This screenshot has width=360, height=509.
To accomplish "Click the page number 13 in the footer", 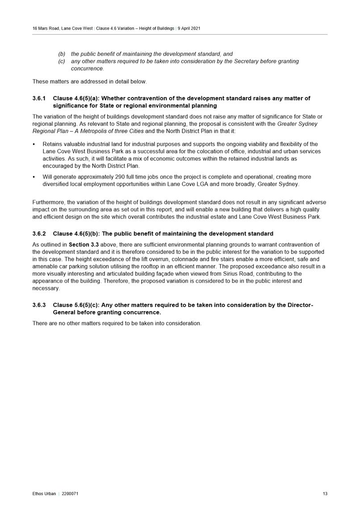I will pos(325,493).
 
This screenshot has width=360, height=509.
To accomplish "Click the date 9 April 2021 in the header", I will pos(189,28).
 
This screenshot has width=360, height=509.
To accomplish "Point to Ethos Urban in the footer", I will pos(44,493).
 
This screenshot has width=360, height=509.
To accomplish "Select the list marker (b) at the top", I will pos(62,54).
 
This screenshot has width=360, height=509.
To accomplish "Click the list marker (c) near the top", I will pos(62,61).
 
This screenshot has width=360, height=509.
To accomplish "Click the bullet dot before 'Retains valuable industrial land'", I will pos(35,144).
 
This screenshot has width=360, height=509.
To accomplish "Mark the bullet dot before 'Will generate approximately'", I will pos(35,177).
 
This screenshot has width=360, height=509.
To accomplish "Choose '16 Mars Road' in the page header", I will pos(45,28).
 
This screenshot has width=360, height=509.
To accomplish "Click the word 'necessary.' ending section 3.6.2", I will pos(46,288).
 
